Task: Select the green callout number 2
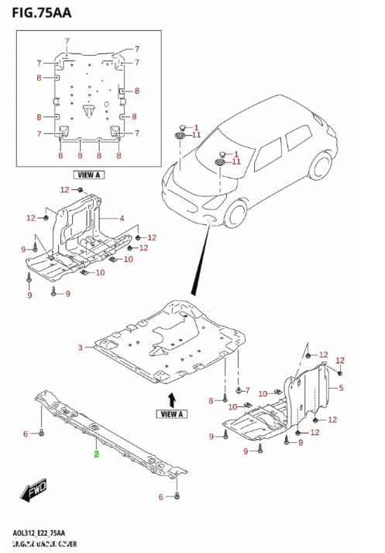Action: pos(96,455)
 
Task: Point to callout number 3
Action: pos(80,348)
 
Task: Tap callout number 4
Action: pos(122,218)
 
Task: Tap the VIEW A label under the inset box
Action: pos(89,175)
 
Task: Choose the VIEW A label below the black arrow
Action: pos(171,414)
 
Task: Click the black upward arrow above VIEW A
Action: pos(171,398)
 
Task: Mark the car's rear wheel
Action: pos(318,166)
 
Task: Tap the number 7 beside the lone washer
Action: pos(248,390)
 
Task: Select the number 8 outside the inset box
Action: pos(211,400)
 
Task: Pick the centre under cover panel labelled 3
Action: pos(170,341)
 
